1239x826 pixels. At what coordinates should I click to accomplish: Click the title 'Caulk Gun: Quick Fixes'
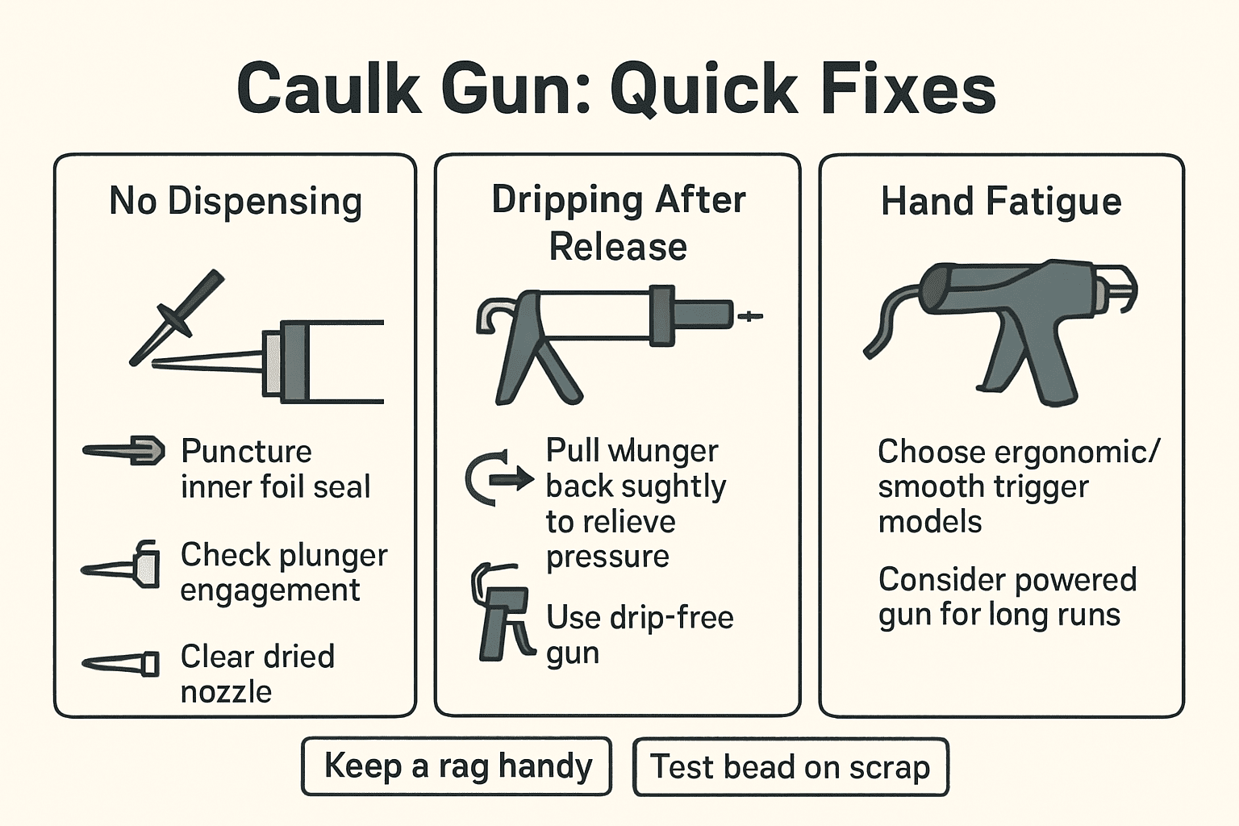coord(617,89)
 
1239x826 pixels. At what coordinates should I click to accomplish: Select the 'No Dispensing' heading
coord(236,201)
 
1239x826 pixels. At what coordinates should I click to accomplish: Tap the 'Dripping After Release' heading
coord(619,223)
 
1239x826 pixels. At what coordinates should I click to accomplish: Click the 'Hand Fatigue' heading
coord(1001,201)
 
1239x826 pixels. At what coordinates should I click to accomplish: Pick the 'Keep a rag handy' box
coord(457,766)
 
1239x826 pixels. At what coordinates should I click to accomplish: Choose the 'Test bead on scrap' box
coord(791,766)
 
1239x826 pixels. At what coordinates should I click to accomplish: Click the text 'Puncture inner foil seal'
coord(275,469)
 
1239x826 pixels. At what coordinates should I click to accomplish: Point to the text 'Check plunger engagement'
coord(283,572)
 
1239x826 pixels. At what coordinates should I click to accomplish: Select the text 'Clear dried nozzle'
coord(257,674)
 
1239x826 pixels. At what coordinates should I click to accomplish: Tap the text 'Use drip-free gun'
coord(640,635)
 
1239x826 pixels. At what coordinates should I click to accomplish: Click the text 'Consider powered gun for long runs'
coord(1007,597)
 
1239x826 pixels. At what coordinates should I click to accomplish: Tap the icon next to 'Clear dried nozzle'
coord(122,664)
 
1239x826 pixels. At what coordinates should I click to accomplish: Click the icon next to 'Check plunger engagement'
coord(123,565)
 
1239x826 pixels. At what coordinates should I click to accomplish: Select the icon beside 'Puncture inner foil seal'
coord(125,451)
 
